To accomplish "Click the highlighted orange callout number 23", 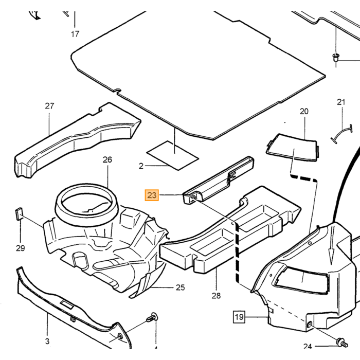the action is pos(152,195).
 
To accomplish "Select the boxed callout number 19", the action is pos(239,317).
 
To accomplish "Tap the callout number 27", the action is pos(49,106).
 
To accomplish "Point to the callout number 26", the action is pos(107,159).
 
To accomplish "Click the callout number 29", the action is pos(21,248).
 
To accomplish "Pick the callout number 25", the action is pos(180,287).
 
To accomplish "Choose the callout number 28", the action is pos(216,296).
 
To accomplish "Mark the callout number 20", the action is pos(304,112).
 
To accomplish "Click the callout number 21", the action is pos(341,102).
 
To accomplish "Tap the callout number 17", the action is pos(75,34).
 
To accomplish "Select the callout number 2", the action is pos(141,166).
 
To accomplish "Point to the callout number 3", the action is pos(47,341).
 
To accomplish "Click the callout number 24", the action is pos(308,346).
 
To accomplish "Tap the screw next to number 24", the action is pos(343,343).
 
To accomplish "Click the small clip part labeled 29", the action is pos(19,214).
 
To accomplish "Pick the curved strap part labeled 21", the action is pos(341,134).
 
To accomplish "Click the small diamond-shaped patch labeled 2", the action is pos(173,155).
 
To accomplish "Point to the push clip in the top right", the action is pos(336,58).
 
